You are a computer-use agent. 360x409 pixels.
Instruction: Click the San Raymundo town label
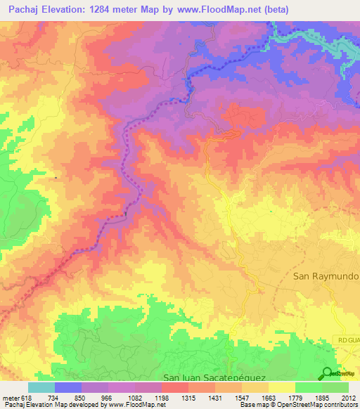pyautogui.click(x=326, y=277)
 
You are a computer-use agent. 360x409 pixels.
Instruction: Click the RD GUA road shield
pyautogui.click(x=347, y=340)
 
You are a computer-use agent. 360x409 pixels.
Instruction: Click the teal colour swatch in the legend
pyautogui.click(x=41, y=387)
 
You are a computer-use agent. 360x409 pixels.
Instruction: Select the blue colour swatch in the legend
pyautogui.click(x=68, y=387)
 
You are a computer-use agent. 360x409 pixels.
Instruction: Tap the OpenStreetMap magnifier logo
pyautogui.click(x=328, y=374)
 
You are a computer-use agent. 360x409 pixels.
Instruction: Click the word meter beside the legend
pyautogui.click(x=11, y=397)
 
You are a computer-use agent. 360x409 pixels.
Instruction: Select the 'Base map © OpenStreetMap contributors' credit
pyautogui.click(x=300, y=405)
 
